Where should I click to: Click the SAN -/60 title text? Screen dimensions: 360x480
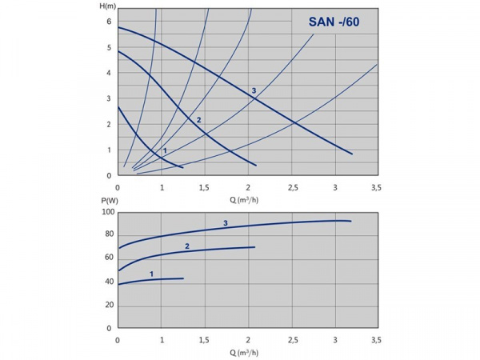pyautogui.click(x=334, y=22)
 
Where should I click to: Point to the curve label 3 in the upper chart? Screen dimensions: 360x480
pyautogui.click(x=254, y=90)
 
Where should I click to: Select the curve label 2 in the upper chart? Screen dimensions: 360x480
pyautogui.click(x=198, y=120)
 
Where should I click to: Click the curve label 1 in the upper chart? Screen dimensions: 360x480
pyautogui.click(x=165, y=150)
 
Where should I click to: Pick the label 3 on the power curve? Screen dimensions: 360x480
pyautogui.click(x=226, y=223)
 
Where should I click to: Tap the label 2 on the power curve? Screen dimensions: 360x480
pyautogui.click(x=186, y=246)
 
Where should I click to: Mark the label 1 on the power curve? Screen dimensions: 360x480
pyautogui.click(x=150, y=274)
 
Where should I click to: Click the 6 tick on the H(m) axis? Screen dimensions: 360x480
pyautogui.click(x=110, y=22)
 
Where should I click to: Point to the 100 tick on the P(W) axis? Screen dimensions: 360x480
pyautogui.click(x=106, y=212)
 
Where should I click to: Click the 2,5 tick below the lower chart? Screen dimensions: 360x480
pyautogui.click(x=290, y=339)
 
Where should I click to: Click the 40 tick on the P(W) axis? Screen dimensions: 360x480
pyautogui.click(x=109, y=282)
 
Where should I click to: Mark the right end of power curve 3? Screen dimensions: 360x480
pyautogui.click(x=351, y=221)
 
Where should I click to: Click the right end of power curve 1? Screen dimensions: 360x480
pyautogui.click(x=183, y=278)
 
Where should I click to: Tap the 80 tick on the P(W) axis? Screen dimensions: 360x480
pyautogui.click(x=109, y=235)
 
